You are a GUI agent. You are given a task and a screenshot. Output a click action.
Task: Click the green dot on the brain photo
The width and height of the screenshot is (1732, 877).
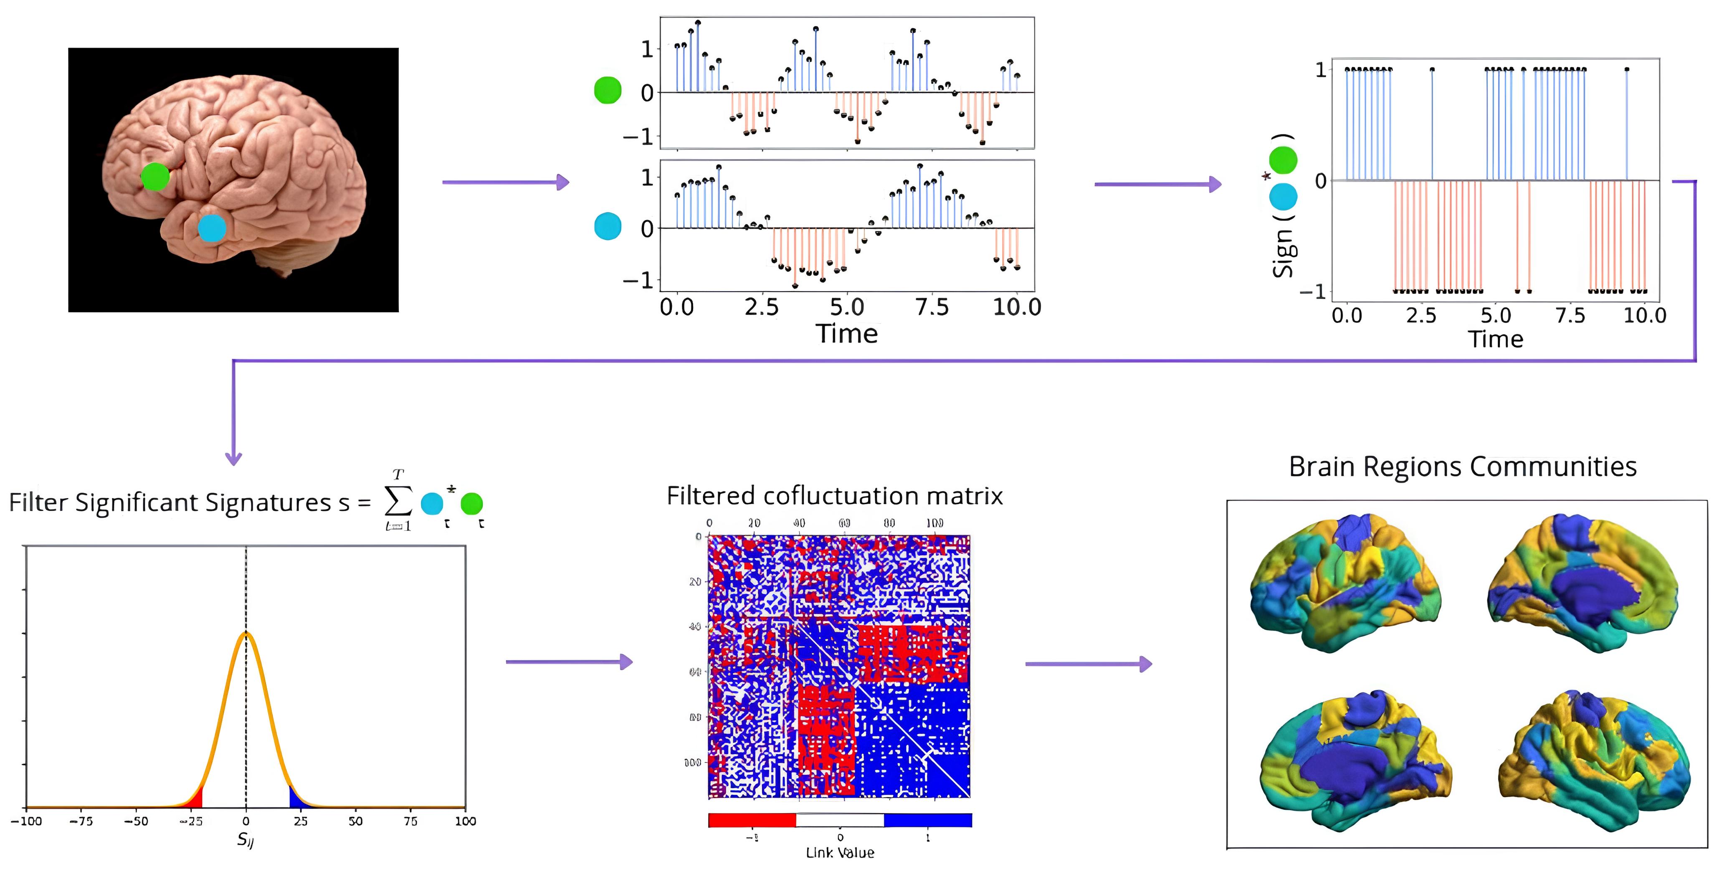click(x=155, y=177)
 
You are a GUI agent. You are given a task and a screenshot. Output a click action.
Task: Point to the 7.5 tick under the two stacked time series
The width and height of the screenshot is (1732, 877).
click(x=932, y=307)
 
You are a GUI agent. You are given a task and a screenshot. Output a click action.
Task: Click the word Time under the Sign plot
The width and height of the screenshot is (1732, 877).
click(x=1495, y=339)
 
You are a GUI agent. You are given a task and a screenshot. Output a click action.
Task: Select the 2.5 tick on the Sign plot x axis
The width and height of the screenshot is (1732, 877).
click(x=1421, y=315)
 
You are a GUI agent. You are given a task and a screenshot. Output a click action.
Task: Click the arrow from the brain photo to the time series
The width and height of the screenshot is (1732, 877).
click(x=505, y=182)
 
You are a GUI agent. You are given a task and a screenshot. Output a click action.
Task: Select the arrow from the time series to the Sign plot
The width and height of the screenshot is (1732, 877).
click(x=1157, y=184)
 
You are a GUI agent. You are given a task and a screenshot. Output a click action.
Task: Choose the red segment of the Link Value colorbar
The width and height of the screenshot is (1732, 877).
click(x=752, y=820)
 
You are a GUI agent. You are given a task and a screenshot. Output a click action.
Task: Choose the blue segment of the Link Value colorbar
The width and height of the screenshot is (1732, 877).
click(x=927, y=820)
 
